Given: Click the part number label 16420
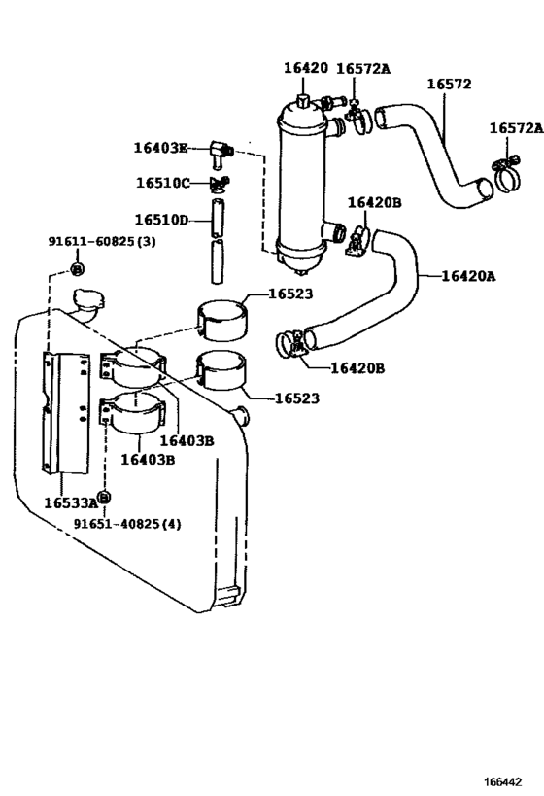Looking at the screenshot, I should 305,68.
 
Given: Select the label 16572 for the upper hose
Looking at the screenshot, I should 448,84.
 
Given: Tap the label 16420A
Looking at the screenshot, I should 468,276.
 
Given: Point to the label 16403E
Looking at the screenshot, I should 160,148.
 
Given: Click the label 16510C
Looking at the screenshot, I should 162,183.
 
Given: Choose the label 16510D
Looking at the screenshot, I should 162,220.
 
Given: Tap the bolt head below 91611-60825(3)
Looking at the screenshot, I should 79,267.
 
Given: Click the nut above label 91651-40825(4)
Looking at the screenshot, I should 105,497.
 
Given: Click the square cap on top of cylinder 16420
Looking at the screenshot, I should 303,100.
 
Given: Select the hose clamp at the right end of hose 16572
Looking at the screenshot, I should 505,174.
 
